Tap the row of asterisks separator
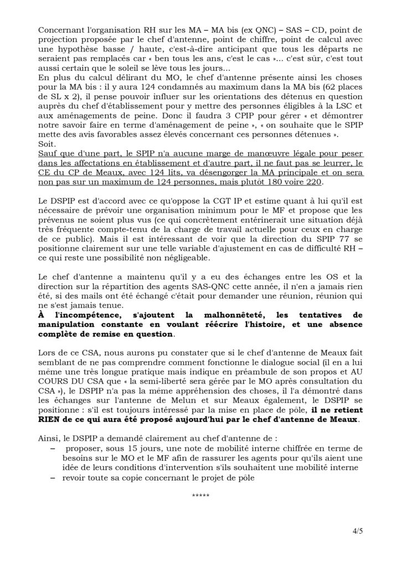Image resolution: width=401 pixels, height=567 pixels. pos(200,494)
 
